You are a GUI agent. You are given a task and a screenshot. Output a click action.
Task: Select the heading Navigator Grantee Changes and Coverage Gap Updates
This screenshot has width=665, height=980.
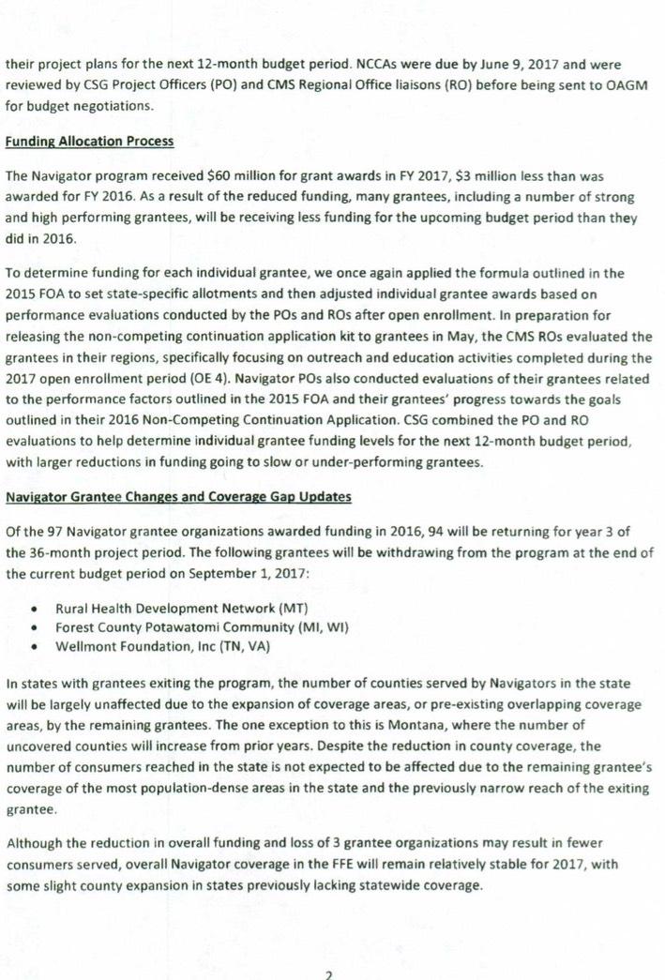[179, 496]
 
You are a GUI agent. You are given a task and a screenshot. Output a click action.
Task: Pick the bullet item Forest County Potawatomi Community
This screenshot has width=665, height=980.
[202, 626]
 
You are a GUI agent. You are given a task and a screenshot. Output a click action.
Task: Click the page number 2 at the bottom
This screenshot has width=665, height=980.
[328, 974]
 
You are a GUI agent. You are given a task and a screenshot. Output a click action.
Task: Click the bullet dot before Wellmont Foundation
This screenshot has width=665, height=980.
[35, 646]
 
